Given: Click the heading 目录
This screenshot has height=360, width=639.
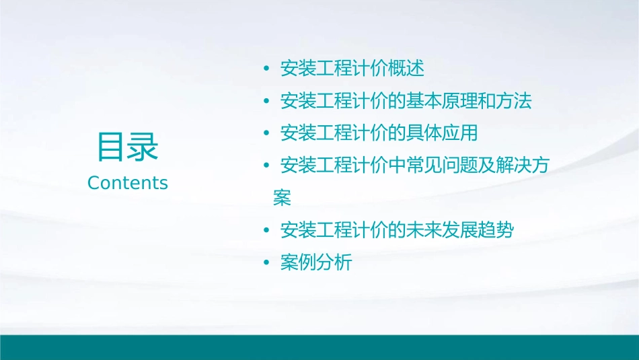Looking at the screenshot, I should click(128, 147).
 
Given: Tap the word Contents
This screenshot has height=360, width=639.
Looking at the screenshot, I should click(128, 183).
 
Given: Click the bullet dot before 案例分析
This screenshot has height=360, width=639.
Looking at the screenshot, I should click(266, 263).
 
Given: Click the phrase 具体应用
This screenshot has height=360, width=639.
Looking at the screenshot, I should click(442, 133).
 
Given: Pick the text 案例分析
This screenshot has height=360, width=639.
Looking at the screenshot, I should click(316, 263).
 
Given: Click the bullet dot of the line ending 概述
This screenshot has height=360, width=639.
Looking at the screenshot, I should click(266, 69).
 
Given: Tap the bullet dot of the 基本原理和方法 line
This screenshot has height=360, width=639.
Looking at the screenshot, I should click(266, 102).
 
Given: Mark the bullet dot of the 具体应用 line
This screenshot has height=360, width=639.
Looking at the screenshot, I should click(266, 134).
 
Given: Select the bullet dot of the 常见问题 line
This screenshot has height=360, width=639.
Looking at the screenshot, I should click(266, 166).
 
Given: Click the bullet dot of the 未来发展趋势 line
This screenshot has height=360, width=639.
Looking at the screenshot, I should click(266, 231).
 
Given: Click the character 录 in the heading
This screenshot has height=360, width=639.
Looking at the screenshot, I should click(143, 147).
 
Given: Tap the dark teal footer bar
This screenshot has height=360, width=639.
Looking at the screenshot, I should click(319, 347).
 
